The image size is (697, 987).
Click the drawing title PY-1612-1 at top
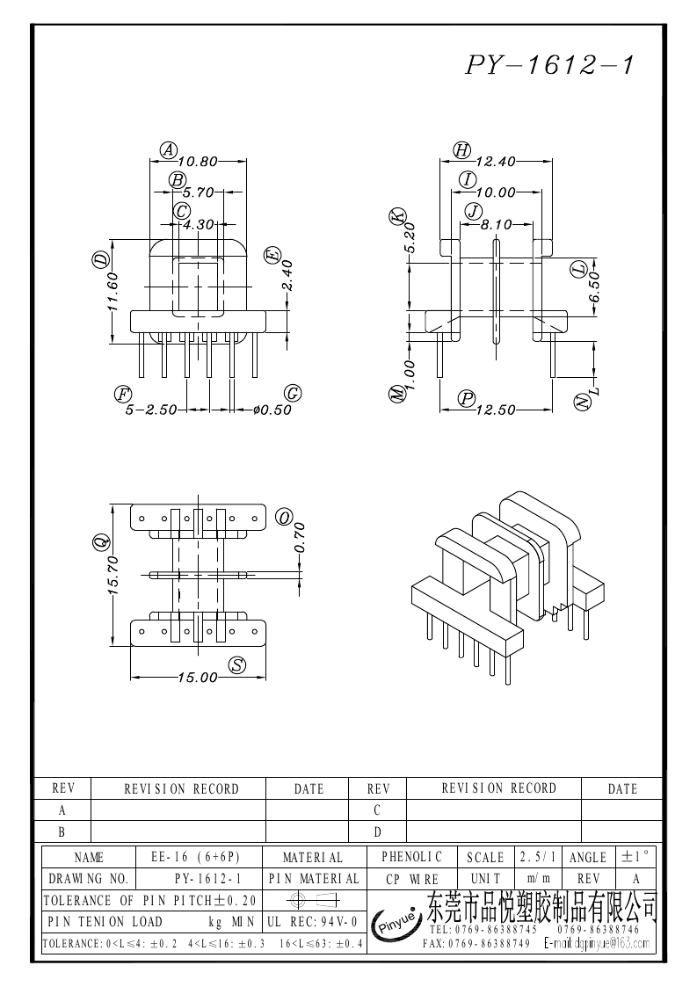pos(549,66)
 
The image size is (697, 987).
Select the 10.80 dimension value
pos(196,162)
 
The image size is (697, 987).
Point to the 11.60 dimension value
pos(113,299)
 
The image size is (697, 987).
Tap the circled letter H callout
pos(462,150)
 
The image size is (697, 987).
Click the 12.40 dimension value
pos(495,162)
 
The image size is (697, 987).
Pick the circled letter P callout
pos(467,399)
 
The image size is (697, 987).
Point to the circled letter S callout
pos(236,665)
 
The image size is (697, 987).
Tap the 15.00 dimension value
pos(197,677)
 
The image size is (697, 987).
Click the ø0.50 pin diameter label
pos(271,410)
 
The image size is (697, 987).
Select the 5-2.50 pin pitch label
pos(152,410)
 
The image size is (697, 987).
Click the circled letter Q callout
pos(101,542)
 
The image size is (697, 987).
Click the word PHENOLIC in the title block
pos(412,857)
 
